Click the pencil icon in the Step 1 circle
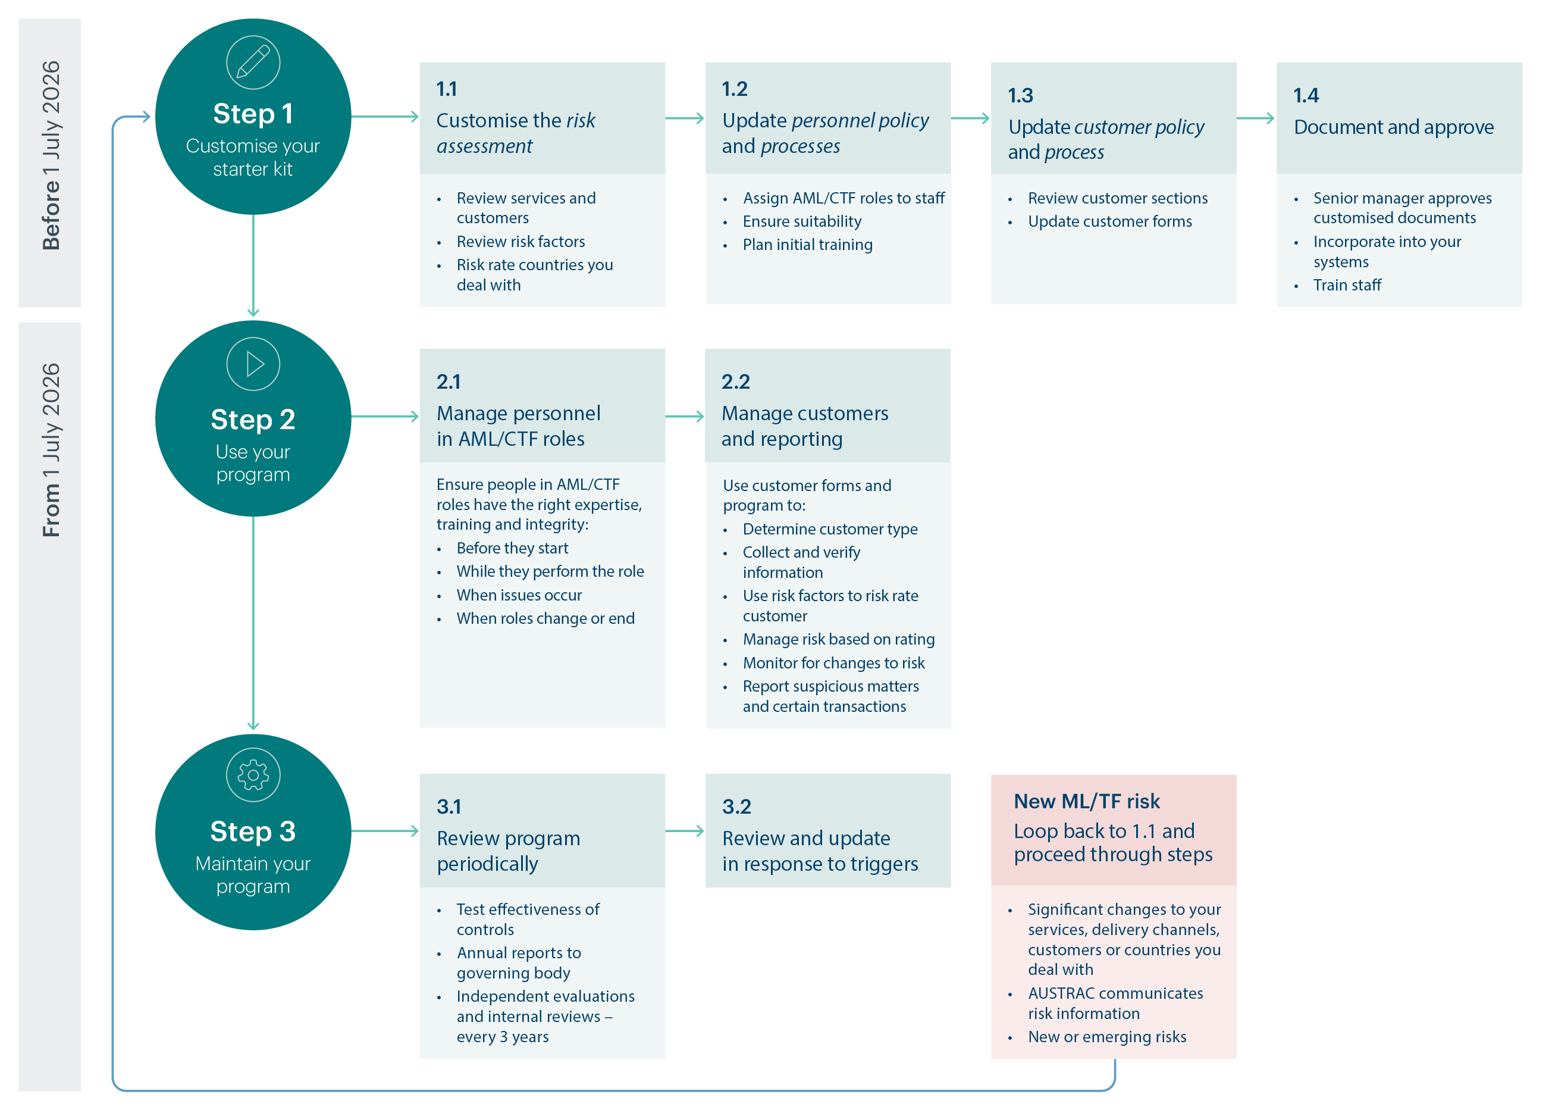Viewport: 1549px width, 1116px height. (x=253, y=62)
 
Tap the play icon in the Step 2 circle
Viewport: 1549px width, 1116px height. (x=253, y=364)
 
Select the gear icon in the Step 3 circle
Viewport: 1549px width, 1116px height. (x=253, y=775)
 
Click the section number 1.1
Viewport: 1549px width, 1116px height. (x=447, y=89)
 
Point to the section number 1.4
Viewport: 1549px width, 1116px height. (x=1305, y=95)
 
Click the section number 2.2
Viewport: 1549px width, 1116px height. (x=736, y=382)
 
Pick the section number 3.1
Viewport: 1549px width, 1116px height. (x=449, y=806)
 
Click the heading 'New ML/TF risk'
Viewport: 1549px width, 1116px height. (x=1086, y=801)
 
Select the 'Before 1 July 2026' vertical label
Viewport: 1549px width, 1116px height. (x=51, y=156)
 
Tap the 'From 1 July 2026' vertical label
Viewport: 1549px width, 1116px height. (x=51, y=450)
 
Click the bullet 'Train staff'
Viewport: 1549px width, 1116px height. (x=1346, y=285)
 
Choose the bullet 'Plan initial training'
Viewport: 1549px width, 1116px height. (x=807, y=245)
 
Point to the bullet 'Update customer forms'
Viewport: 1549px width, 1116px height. (x=1109, y=221)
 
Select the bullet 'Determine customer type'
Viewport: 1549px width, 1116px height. (x=830, y=529)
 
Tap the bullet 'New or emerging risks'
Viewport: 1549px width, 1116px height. (x=1106, y=1037)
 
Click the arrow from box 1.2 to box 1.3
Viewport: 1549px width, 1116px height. (x=970, y=118)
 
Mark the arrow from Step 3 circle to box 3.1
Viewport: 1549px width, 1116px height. (x=384, y=831)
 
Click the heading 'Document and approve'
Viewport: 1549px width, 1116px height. (x=1393, y=127)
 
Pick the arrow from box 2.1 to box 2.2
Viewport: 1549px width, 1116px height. (x=684, y=416)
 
